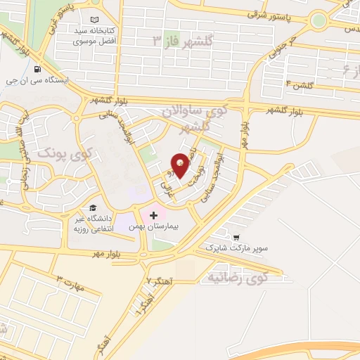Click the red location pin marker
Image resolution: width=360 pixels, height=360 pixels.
181,165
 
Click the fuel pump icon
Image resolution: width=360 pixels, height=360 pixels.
37,69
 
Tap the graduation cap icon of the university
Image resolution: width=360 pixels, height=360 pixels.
92,207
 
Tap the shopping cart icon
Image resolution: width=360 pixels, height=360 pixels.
237,238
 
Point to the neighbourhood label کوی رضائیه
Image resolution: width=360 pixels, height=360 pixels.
238,278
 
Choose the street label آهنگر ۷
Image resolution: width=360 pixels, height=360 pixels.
159,281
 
